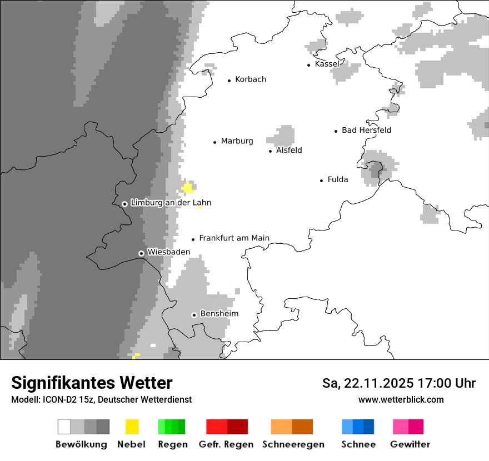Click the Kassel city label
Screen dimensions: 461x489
[x=327, y=64]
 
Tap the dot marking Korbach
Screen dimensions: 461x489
[x=229, y=81]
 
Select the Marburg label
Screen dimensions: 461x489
[x=237, y=141]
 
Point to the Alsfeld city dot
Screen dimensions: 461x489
[x=271, y=151]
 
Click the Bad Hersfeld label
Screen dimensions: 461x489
[x=366, y=130]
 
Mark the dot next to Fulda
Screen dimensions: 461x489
[x=322, y=181]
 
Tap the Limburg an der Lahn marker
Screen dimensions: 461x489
[x=125, y=204]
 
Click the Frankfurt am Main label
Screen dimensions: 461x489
[x=234, y=238]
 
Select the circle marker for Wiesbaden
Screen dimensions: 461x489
[x=142, y=253]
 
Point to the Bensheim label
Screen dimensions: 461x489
[x=219, y=314]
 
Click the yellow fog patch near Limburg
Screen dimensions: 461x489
[x=188, y=187]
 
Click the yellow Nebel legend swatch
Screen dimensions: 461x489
[x=132, y=427]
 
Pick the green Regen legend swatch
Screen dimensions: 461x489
[x=172, y=427]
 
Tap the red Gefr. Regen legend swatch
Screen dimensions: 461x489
[x=227, y=427]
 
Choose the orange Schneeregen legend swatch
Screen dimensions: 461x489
[x=292, y=427]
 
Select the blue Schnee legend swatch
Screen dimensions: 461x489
[x=358, y=427]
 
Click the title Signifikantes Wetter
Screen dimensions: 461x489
[x=92, y=383]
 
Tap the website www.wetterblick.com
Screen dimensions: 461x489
[x=401, y=399]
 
